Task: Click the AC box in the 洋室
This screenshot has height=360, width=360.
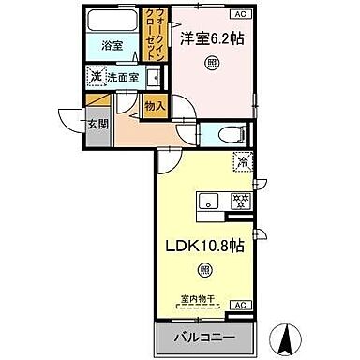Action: pyautogui.click(x=240, y=13)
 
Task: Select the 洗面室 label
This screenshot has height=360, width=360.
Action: pyautogui.click(x=123, y=79)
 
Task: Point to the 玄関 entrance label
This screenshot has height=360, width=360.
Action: pyautogui.click(x=97, y=122)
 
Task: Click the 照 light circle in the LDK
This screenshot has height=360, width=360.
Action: pyautogui.click(x=204, y=270)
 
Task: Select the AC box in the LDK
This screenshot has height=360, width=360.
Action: pyautogui.click(x=239, y=306)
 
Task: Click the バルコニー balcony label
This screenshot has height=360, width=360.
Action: pyautogui.click(x=202, y=336)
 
